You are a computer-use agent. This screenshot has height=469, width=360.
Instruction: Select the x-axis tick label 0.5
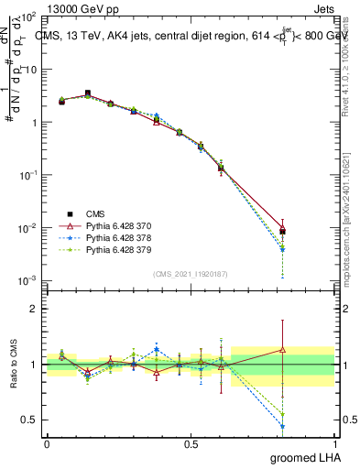pyautogui.click(x=191, y=442)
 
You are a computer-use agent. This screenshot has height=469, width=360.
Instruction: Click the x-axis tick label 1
pyautogui.click(x=334, y=442)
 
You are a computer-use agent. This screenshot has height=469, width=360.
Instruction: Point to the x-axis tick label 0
pyautogui.click(x=47, y=442)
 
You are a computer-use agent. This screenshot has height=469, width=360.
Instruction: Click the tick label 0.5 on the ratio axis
pyautogui.click(x=31, y=420)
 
